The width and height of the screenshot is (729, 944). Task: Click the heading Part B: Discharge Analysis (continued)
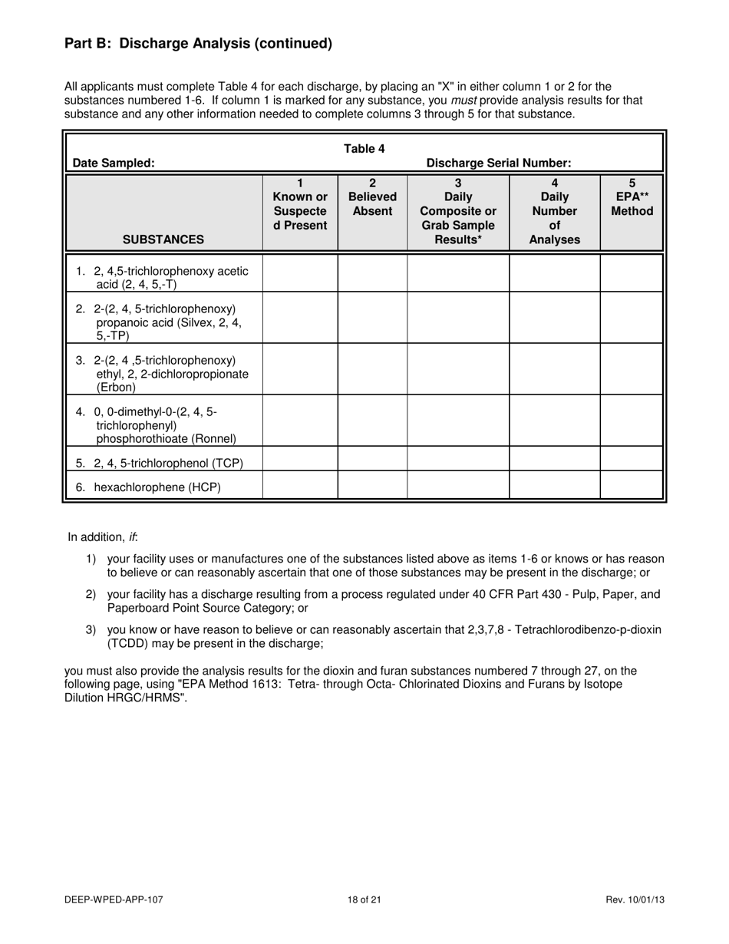coord(198,44)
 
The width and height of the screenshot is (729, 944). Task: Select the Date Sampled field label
coord(114,163)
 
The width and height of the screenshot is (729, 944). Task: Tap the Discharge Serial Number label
coord(498,163)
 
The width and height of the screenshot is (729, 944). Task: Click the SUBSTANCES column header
coord(163,239)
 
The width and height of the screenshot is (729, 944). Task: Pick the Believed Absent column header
coord(372,197)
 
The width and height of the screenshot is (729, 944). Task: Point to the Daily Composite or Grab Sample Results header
coord(458,211)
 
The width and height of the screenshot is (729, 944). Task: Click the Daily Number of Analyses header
coord(554,211)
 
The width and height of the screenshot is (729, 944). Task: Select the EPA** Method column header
coord(632,197)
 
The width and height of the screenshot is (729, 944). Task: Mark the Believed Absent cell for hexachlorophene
coord(372,486)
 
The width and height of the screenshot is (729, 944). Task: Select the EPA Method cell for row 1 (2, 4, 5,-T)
coord(632,273)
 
